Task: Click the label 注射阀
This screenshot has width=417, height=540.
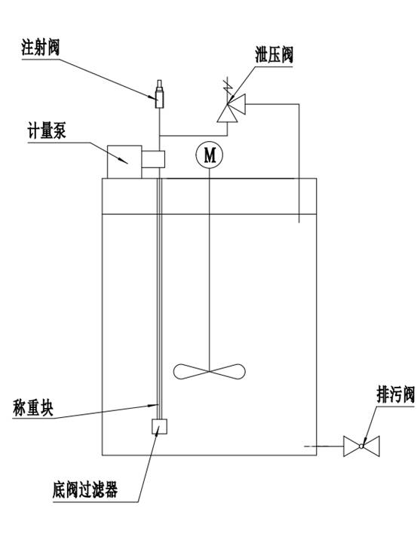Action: pyautogui.click(x=41, y=48)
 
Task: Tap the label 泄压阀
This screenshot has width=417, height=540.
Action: pyautogui.click(x=274, y=55)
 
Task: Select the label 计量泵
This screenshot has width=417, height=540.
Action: pyautogui.click(x=47, y=131)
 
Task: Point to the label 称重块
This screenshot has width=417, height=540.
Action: pyautogui.click(x=33, y=407)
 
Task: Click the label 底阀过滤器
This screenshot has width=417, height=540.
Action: pyautogui.click(x=85, y=489)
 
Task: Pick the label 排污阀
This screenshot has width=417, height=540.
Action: pyautogui.click(x=395, y=394)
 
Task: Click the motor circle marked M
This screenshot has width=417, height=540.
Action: pyautogui.click(x=210, y=155)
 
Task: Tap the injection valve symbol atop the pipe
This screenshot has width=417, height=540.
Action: pyautogui.click(x=159, y=94)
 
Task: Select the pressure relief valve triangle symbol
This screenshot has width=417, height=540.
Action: pyautogui.click(x=231, y=108)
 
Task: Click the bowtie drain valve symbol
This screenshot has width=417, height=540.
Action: pyautogui.click(x=361, y=446)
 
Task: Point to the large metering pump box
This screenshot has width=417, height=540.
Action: pyautogui.click(x=124, y=162)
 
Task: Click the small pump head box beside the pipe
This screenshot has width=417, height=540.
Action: pyautogui.click(x=153, y=159)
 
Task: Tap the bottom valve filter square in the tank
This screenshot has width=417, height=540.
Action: pyautogui.click(x=159, y=426)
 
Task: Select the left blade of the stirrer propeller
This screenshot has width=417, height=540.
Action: pyautogui.click(x=191, y=372)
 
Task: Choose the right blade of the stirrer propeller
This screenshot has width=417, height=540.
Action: pyautogui.click(x=227, y=372)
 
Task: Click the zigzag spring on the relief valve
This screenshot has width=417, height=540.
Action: pyautogui.click(x=226, y=87)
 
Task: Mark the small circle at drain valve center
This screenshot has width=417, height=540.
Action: pyautogui.click(x=361, y=446)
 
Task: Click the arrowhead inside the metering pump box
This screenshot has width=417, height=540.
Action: pyautogui.click(x=123, y=161)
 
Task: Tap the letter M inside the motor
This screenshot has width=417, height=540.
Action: pyautogui.click(x=210, y=155)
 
